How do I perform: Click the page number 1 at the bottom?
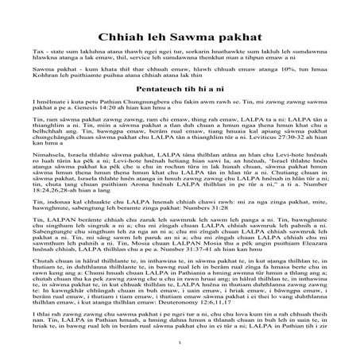click(x=180, y=350)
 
